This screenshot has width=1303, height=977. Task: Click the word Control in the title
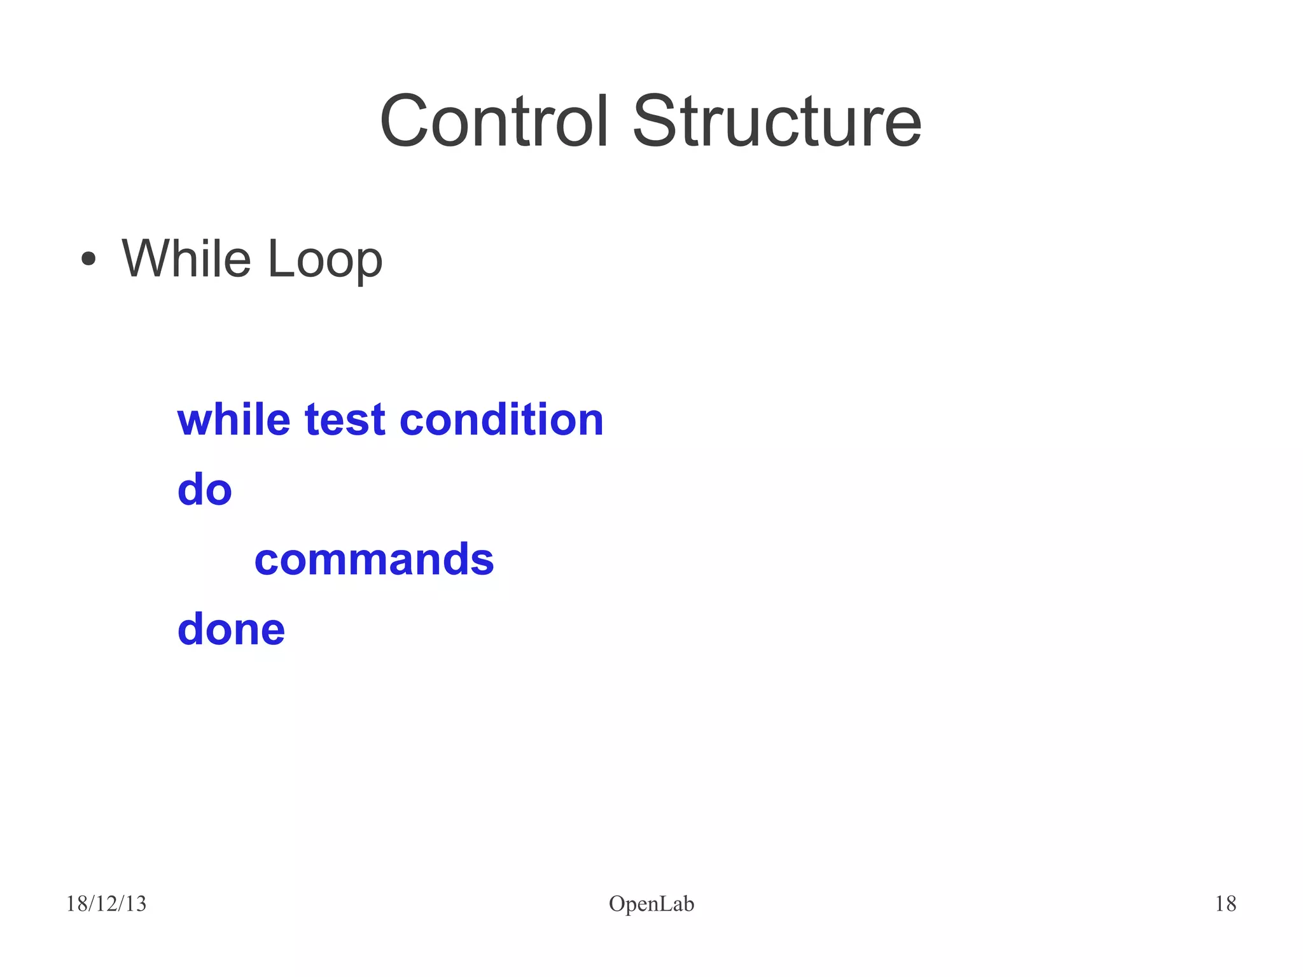point(494,121)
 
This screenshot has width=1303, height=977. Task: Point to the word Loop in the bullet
point(324,259)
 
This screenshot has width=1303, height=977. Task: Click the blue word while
point(233,420)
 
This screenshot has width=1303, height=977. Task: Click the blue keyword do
point(204,489)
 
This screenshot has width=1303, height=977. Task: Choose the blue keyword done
point(231,629)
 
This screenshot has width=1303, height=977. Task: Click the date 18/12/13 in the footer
point(106,904)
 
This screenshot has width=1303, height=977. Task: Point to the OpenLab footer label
point(651,904)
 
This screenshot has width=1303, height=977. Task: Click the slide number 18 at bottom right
point(1225,904)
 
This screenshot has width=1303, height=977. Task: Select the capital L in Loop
point(278,259)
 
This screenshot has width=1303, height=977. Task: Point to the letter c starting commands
point(267,561)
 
